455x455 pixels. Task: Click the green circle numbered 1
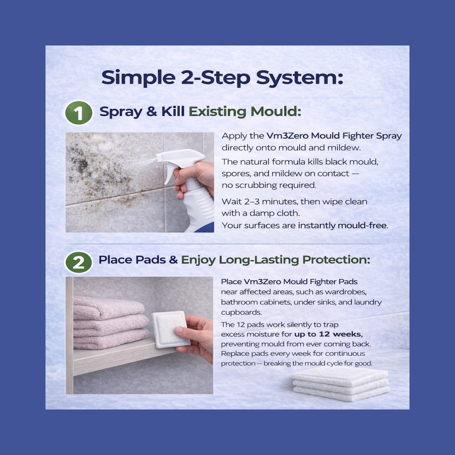78,113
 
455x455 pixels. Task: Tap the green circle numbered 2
78,262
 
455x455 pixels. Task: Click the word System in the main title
299,77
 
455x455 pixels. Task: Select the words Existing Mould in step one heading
244,111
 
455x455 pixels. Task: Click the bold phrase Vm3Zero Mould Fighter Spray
334,136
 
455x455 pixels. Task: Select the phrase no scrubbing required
269,185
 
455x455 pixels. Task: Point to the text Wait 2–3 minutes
259,202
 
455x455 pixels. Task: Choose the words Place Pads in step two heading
132,260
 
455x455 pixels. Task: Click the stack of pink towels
110,323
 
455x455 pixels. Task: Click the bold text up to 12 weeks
328,334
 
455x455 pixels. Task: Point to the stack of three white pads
341,384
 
